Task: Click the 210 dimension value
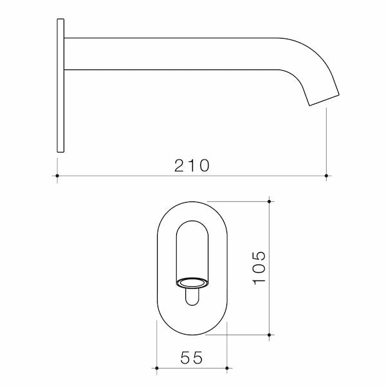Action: tap(192, 165)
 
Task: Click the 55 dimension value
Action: tap(192, 358)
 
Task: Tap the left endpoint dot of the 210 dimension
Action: tap(57, 175)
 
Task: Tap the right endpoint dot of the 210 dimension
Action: tap(327, 175)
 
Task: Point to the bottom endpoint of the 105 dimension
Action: tap(270, 335)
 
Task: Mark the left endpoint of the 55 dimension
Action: tap(157, 369)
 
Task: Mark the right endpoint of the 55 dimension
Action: tap(227, 369)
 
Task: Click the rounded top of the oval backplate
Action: tap(192, 207)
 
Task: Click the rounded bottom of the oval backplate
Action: tap(192, 329)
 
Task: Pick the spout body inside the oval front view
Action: tap(192, 251)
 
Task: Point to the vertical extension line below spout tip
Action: tap(327, 142)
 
